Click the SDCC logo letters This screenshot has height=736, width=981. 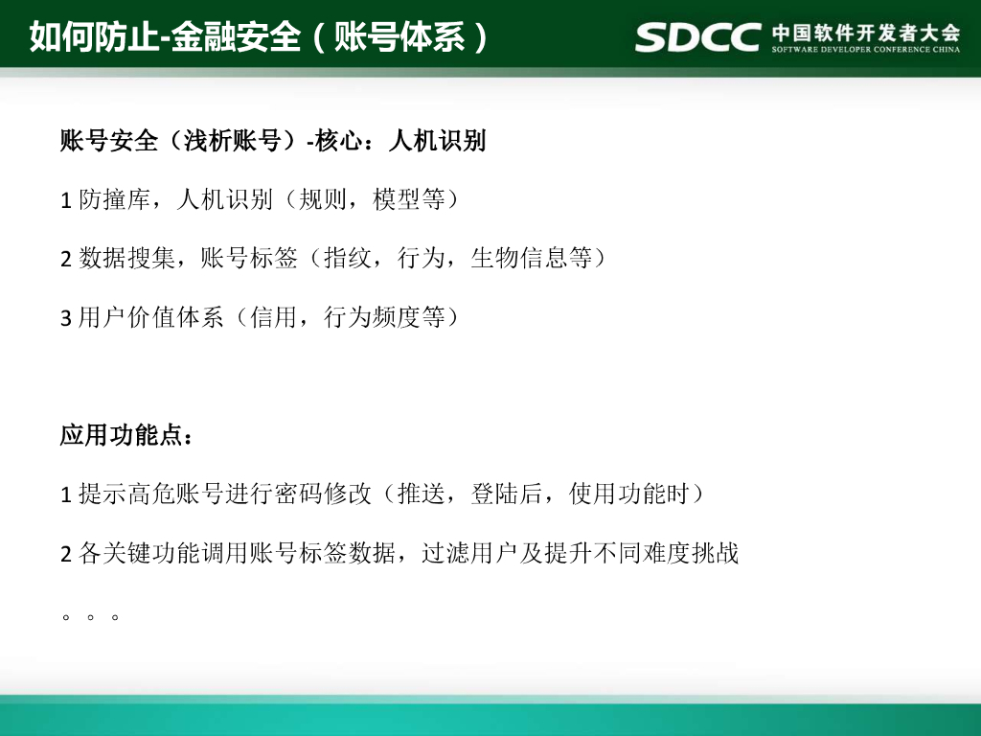point(698,36)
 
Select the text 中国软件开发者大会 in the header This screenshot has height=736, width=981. point(866,31)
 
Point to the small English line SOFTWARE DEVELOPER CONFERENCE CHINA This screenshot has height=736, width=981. point(866,51)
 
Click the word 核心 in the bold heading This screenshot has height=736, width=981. point(337,141)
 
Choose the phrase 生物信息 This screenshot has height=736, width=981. point(519,258)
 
